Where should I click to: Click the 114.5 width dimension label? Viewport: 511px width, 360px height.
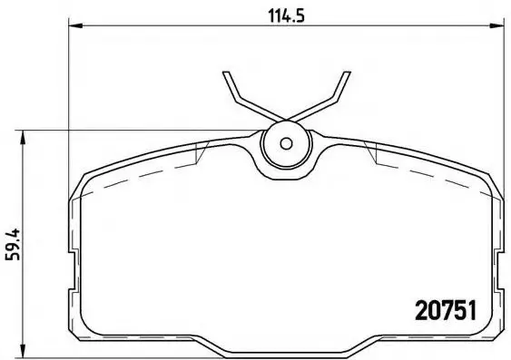coord(286,15)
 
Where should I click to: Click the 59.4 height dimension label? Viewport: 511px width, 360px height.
coord(13,245)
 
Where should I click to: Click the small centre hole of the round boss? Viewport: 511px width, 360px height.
coord(286,143)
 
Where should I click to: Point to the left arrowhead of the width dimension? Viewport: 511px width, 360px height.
coord(76,25)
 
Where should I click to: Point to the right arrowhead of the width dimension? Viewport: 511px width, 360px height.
coord(497,25)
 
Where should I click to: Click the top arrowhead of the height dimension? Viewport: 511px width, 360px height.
coord(23,137)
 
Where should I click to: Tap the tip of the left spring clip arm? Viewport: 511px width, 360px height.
coord(227,72)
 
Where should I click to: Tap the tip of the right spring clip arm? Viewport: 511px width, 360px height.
coord(347,72)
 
